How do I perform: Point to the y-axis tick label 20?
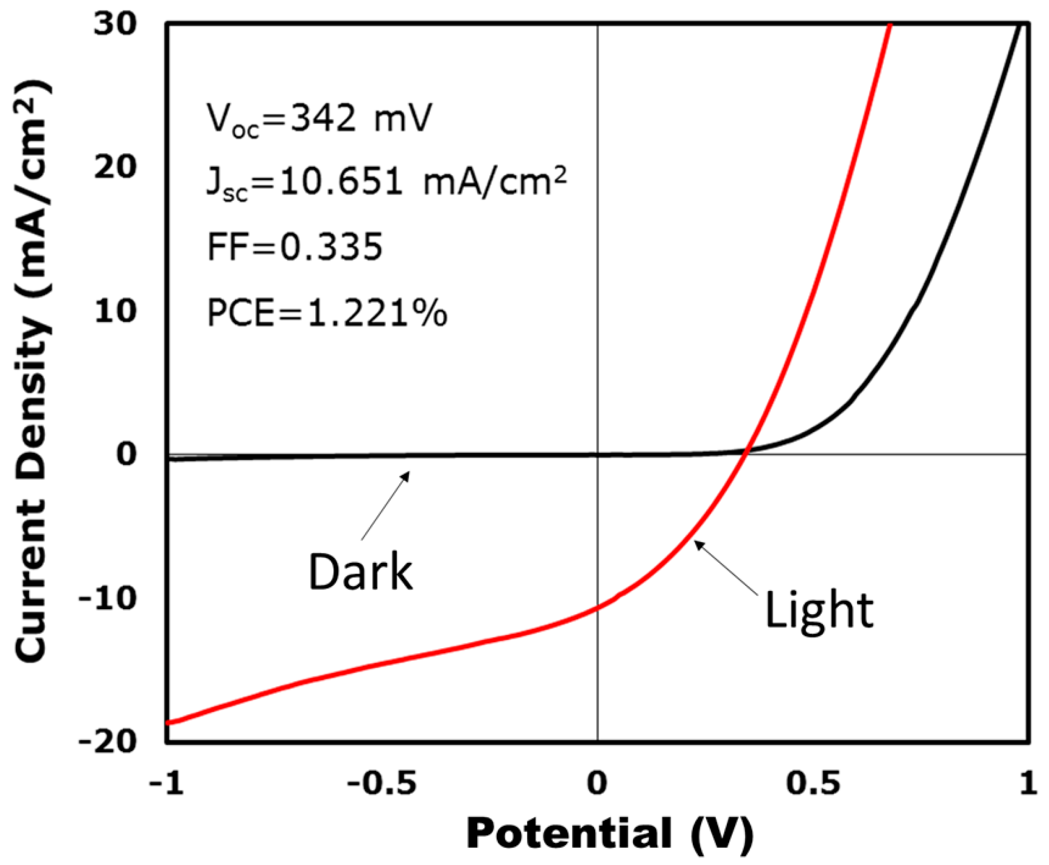point(114,167)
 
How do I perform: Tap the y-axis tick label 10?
point(114,311)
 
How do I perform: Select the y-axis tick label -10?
point(107,598)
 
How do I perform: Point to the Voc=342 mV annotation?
point(319,119)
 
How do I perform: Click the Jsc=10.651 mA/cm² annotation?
point(386,183)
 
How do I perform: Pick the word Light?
point(820,611)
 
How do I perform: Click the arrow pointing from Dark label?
point(385,505)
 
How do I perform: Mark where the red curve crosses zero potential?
point(598,607)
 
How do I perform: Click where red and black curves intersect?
point(747,450)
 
